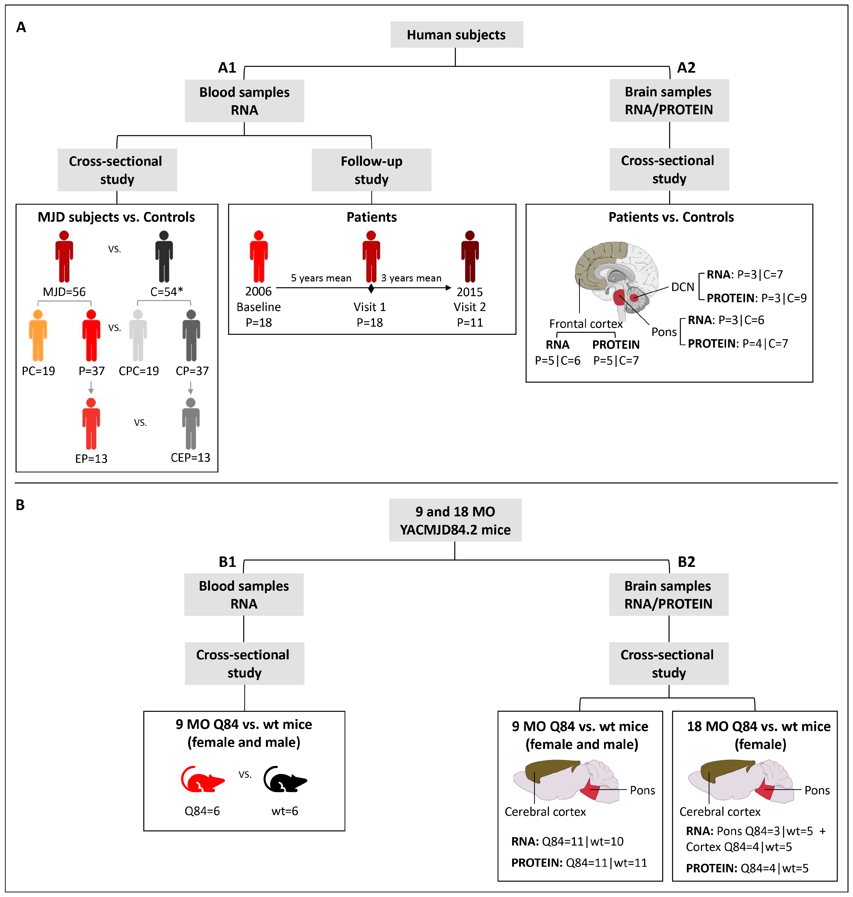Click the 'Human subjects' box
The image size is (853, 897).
456,34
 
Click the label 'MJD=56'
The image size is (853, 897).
64,291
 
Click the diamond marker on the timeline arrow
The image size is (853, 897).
371,288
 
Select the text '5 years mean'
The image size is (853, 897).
321,278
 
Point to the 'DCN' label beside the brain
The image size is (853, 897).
682,287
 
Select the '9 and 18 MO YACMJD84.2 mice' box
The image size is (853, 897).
455,520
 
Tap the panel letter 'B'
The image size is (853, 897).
20,505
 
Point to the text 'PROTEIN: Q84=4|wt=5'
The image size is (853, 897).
747,868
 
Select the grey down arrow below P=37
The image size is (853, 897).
91,388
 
